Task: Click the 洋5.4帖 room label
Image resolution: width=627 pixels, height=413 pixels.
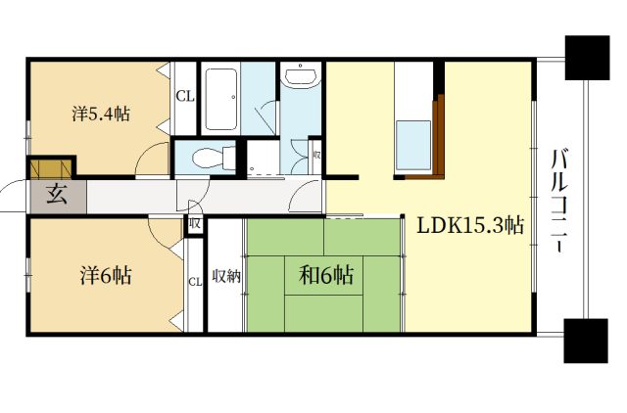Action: pyautogui.click(x=101, y=115)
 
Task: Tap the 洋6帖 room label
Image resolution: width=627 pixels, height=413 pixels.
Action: pyautogui.click(x=106, y=275)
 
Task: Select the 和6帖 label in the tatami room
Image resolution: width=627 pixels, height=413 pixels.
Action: pyautogui.click(x=326, y=275)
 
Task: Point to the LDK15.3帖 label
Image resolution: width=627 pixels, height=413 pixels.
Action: pyautogui.click(x=470, y=226)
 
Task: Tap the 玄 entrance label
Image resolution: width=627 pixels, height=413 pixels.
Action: pyautogui.click(x=57, y=195)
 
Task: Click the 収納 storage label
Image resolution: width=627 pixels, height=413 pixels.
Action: pyautogui.click(x=226, y=276)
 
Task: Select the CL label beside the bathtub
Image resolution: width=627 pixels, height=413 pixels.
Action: pyautogui.click(x=185, y=96)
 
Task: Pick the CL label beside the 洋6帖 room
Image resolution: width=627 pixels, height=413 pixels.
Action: pyautogui.click(x=195, y=282)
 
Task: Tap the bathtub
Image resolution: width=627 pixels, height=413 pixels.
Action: pyautogui.click(x=221, y=99)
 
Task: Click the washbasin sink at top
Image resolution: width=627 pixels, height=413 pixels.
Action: pyautogui.click(x=301, y=75)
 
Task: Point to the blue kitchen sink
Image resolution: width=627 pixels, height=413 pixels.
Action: pyautogui.click(x=413, y=145)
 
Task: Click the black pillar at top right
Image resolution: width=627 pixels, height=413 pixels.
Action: pyautogui.click(x=587, y=58)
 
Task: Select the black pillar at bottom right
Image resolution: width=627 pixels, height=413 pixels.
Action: pyautogui.click(x=586, y=341)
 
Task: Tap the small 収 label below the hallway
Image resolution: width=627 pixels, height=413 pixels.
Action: pyautogui.click(x=195, y=223)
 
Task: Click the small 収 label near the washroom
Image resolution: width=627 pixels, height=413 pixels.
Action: pyautogui.click(x=316, y=155)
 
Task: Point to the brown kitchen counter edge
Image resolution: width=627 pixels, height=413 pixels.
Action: pyautogui.click(x=439, y=137)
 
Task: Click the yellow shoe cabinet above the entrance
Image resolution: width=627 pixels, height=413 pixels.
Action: pyautogui.click(x=51, y=168)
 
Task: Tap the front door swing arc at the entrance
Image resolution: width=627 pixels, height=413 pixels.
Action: pyautogui.click(x=12, y=188)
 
